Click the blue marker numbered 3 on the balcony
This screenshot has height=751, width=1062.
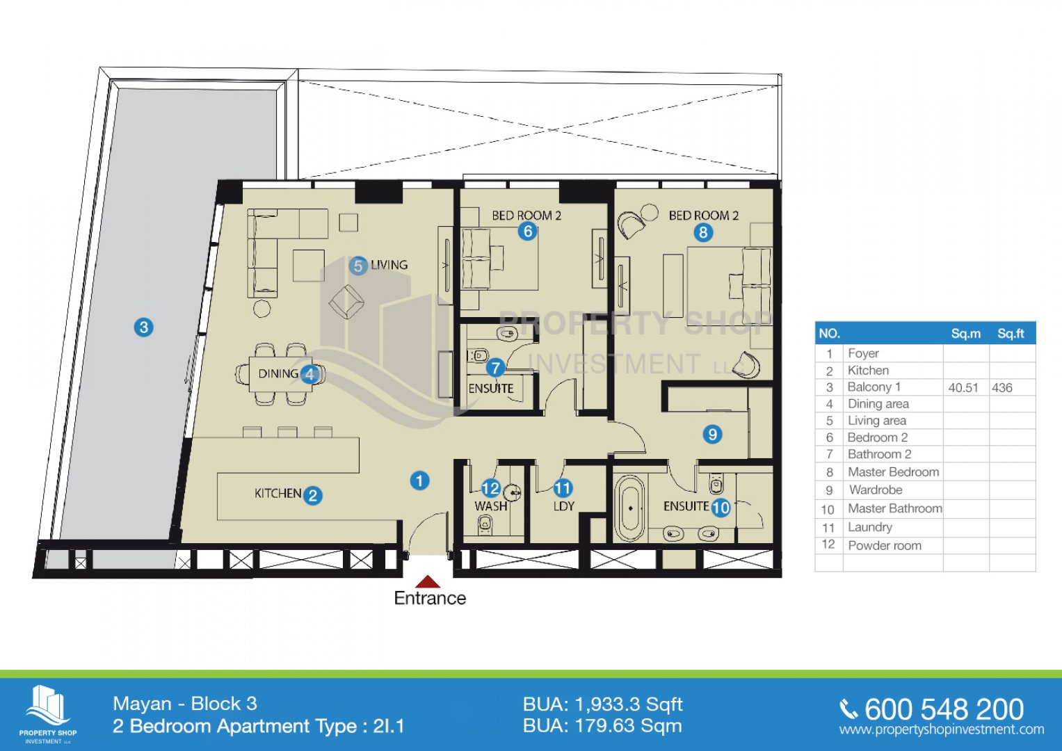pyautogui.click(x=144, y=327)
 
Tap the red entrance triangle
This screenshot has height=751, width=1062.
pyautogui.click(x=428, y=582)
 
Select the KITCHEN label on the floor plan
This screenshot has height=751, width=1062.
pyautogui.click(x=277, y=494)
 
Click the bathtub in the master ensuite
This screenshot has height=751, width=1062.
pyautogui.click(x=630, y=508)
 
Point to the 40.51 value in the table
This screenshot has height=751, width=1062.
pyautogui.click(x=963, y=388)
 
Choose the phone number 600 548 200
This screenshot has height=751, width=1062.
pyautogui.click(x=944, y=709)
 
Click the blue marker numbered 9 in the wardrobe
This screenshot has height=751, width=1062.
pyautogui.click(x=713, y=435)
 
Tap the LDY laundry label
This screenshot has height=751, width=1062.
pyautogui.click(x=564, y=506)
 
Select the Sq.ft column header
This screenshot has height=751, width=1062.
pyautogui.click(x=1011, y=333)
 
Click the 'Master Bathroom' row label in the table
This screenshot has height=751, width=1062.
pyautogui.click(x=894, y=508)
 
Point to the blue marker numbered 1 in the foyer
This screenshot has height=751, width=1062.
pyautogui.click(x=419, y=481)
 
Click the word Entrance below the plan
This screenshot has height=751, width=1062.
pyautogui.click(x=430, y=598)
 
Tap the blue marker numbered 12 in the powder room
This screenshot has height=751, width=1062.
pyautogui.click(x=491, y=488)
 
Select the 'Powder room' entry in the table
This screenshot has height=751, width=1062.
pyautogui.click(x=885, y=546)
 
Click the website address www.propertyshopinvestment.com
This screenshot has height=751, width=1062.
pyautogui.click(x=942, y=729)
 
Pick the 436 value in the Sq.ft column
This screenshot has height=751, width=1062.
pyautogui.click(x=1001, y=388)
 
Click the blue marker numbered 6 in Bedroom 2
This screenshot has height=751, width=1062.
pyautogui.click(x=527, y=232)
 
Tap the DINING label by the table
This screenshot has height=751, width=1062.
pyautogui.click(x=278, y=373)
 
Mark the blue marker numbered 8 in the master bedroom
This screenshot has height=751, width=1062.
pyautogui.click(x=703, y=232)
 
